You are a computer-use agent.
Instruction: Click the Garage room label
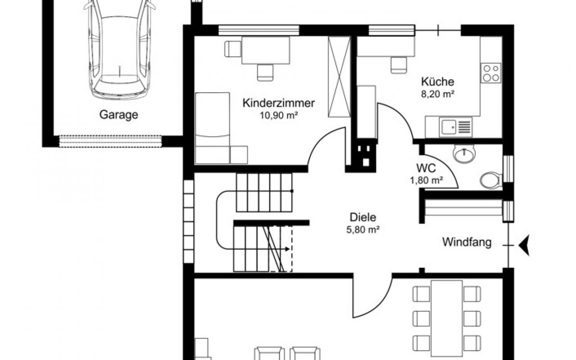click(118, 115)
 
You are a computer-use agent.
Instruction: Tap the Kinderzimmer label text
click(279, 103)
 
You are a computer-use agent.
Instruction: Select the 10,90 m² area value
click(279, 116)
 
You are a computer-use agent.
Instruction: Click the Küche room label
click(437, 81)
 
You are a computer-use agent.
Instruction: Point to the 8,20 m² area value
click(437, 94)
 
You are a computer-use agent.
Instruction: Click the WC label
click(426, 168)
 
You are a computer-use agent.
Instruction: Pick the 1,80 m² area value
click(426, 180)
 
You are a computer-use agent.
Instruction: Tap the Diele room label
click(363, 217)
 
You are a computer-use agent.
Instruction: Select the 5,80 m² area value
click(363, 229)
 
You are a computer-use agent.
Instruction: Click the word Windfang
click(467, 243)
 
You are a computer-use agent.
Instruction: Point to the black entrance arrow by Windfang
click(524, 245)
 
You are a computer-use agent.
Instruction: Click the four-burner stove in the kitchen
click(491, 73)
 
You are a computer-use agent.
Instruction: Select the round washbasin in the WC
click(464, 154)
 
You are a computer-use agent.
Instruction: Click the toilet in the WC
click(491, 180)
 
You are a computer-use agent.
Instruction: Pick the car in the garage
click(119, 49)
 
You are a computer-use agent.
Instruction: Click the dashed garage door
click(110, 141)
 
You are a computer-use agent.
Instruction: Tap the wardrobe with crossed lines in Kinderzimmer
click(339, 77)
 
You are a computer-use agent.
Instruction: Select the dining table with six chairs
click(447, 318)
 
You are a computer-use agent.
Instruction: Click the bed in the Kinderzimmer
click(212, 128)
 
